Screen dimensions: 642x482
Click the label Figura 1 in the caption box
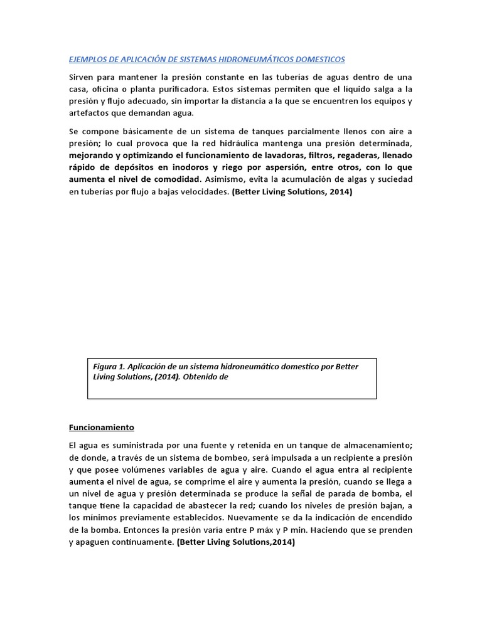click(x=110, y=367)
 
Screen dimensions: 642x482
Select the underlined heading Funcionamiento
click(x=101, y=428)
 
